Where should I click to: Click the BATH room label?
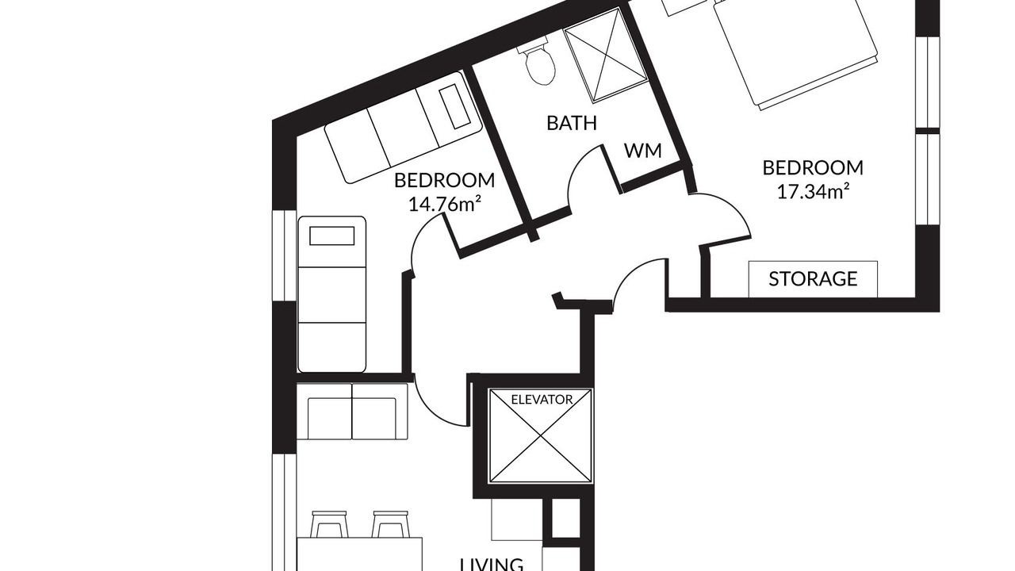[x=572, y=123]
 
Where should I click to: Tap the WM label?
[x=642, y=151]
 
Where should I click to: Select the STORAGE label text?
[x=813, y=279]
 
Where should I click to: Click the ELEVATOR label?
[x=542, y=400]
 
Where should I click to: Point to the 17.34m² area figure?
[x=813, y=191]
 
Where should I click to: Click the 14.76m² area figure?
[x=444, y=204]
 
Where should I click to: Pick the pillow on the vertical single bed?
[x=331, y=236]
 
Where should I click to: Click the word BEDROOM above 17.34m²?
[x=813, y=168]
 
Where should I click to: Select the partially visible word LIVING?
[x=492, y=565]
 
